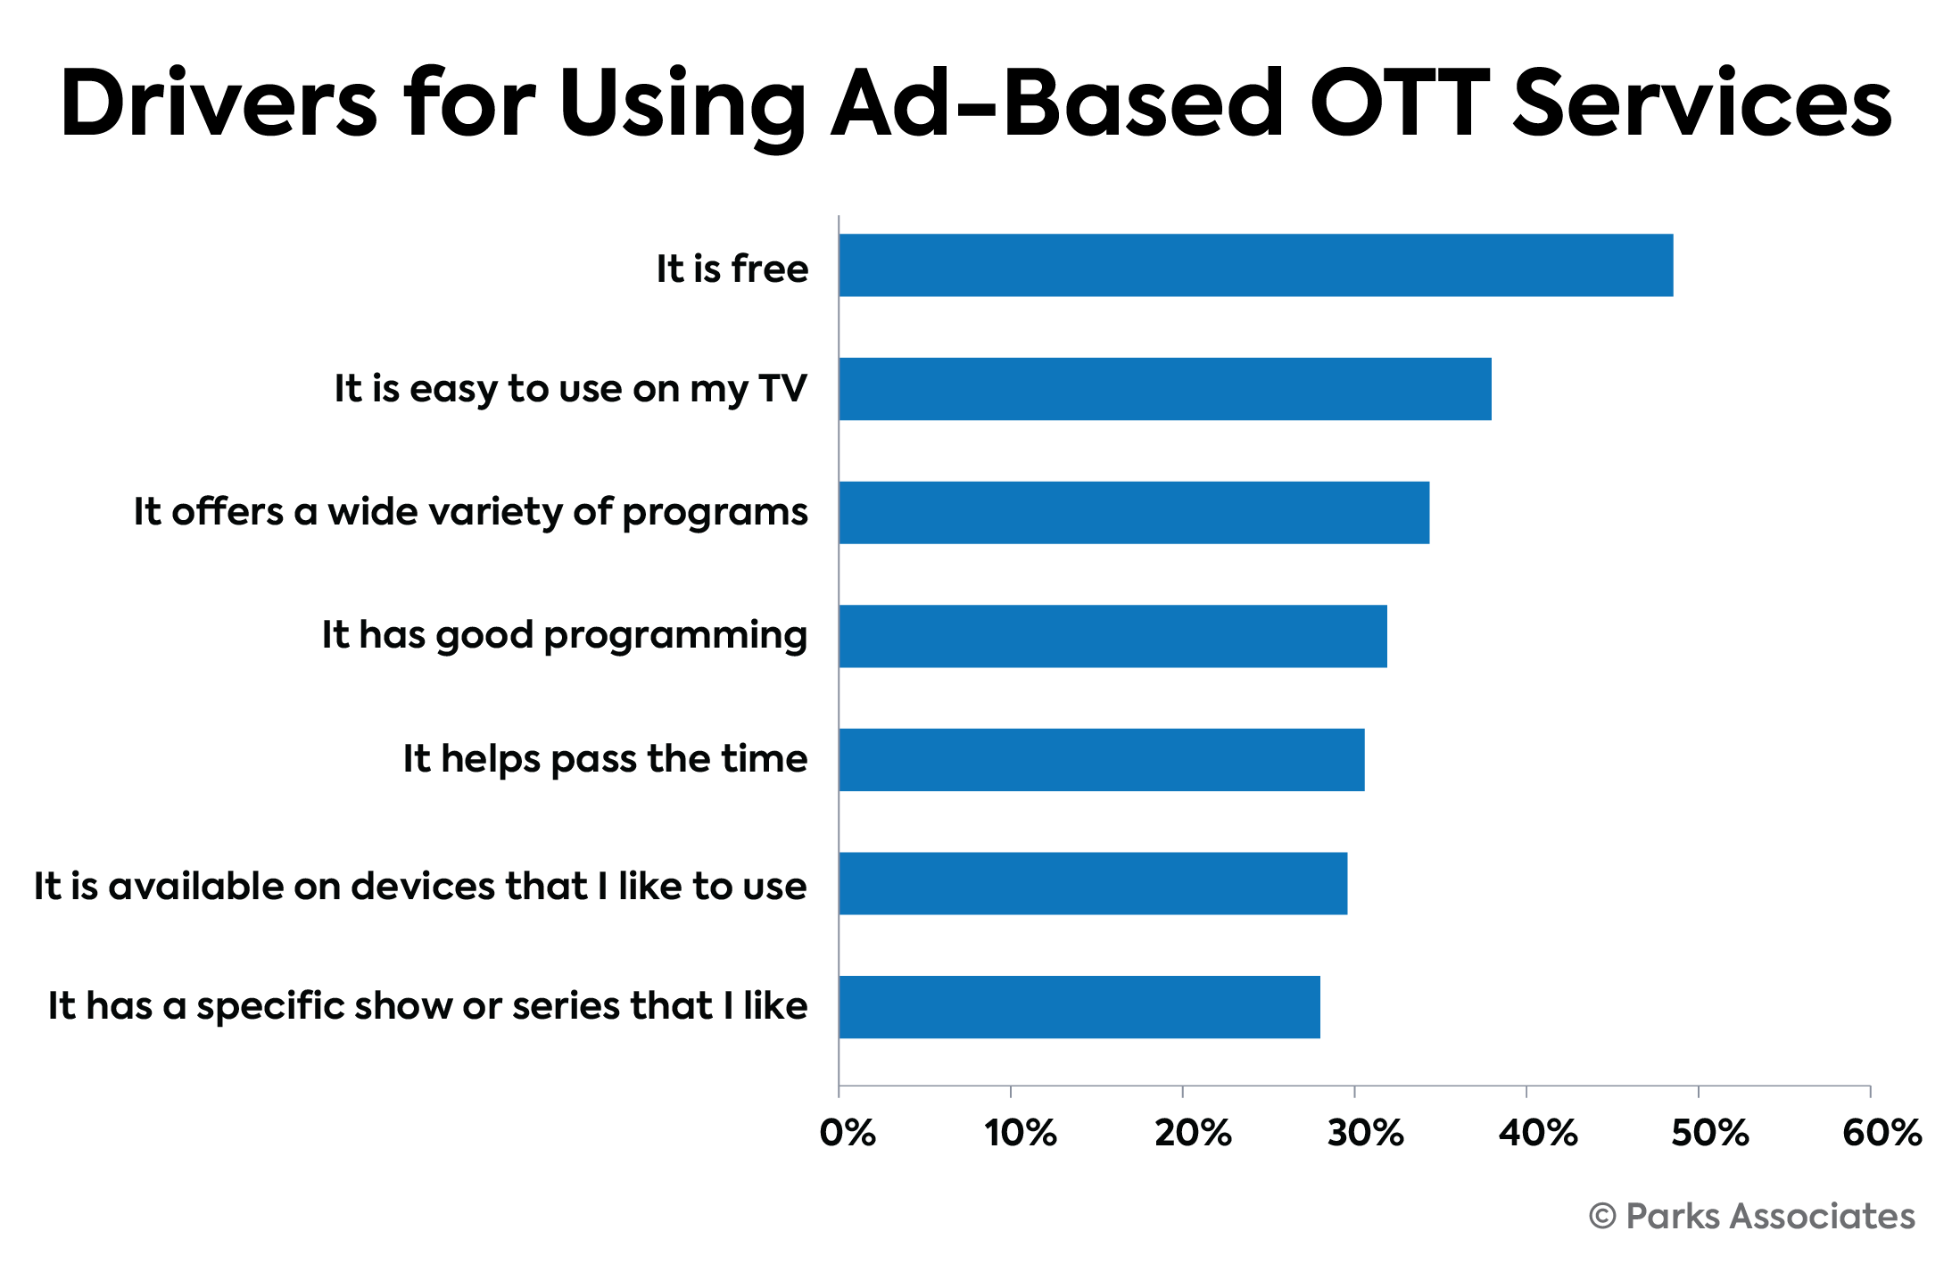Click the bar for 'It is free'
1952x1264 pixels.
point(1255,265)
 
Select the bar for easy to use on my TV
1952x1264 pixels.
point(1164,389)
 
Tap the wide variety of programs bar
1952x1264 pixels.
point(1133,512)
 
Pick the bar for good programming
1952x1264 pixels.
point(1112,636)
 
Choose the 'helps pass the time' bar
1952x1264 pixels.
point(1101,759)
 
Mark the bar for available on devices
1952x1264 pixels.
point(1093,883)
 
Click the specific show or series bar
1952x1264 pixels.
point(1079,1006)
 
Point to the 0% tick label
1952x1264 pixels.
point(848,1133)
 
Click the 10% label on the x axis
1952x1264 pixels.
point(1020,1133)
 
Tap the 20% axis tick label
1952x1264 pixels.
point(1192,1133)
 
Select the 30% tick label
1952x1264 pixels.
point(1364,1133)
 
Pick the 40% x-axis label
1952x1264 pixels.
point(1537,1133)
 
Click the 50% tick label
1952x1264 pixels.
point(1709,1133)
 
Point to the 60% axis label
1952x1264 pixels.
point(1882,1133)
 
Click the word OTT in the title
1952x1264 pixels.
point(1399,103)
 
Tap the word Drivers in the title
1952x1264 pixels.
point(219,103)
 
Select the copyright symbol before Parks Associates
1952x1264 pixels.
point(1602,1217)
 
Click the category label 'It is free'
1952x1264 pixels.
point(732,268)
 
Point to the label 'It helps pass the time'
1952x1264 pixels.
point(605,758)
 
